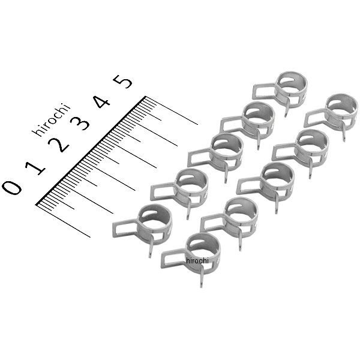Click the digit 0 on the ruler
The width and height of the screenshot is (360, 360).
pos(12,188)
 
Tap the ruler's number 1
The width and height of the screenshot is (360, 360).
pos(35,168)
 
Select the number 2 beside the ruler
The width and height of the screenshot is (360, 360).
pos(58,145)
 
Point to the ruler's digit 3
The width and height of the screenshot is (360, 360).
pos(79,123)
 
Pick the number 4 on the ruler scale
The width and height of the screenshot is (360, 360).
pos(101,101)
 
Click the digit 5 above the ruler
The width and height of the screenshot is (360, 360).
pos(123,82)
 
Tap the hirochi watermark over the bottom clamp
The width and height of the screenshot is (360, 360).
pos(197,260)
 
